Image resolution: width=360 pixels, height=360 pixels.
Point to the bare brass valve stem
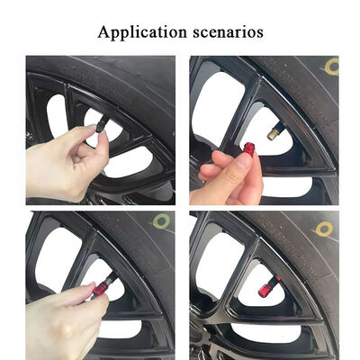272,134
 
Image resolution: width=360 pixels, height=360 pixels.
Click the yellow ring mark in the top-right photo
331,65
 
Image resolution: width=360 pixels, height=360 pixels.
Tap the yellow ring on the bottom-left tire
161,220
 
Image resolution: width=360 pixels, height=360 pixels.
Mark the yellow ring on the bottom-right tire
324,229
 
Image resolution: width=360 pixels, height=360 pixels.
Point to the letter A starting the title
103,31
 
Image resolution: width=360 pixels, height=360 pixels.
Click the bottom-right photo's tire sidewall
306,270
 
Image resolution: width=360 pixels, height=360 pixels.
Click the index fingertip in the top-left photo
102,137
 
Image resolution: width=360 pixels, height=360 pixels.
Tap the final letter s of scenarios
260,32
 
